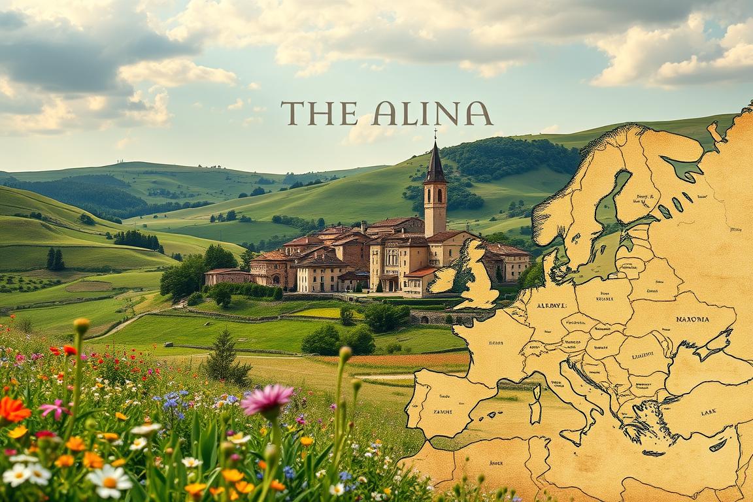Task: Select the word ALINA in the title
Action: click(432, 114)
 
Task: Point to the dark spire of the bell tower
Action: click(435, 163)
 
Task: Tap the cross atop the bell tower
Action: click(435, 134)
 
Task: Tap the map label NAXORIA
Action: click(692, 320)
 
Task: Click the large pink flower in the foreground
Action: click(267, 398)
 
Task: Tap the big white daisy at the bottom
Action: click(110, 480)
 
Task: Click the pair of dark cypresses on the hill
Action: click(55, 259)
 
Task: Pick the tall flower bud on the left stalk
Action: click(81, 325)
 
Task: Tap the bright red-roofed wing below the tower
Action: click(422, 272)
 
